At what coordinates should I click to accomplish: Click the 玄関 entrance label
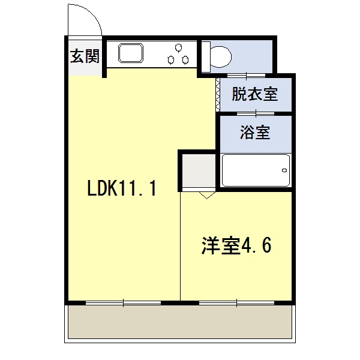point(85,56)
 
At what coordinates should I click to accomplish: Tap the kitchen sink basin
point(131,53)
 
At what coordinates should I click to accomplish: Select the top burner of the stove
point(178,48)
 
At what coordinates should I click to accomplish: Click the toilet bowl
point(220,57)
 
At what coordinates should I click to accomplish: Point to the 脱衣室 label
point(255,94)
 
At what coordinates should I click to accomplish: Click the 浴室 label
point(255,132)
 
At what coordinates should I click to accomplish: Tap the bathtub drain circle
point(284,170)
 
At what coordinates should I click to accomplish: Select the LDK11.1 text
point(122,188)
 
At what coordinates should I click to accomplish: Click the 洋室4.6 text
point(236,245)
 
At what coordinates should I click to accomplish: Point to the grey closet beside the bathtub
point(199,170)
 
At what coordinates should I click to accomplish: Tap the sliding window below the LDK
point(123,303)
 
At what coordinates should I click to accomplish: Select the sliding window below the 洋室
point(237,303)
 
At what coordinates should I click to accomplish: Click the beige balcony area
point(180,322)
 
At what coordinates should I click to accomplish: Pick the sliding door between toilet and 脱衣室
point(246,76)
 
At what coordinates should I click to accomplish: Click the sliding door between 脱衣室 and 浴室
point(256,113)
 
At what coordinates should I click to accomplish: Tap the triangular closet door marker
point(207,195)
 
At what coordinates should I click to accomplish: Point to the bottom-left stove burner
point(170,60)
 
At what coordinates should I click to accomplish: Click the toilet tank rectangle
point(206,57)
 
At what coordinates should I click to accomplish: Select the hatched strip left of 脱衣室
point(218,95)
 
